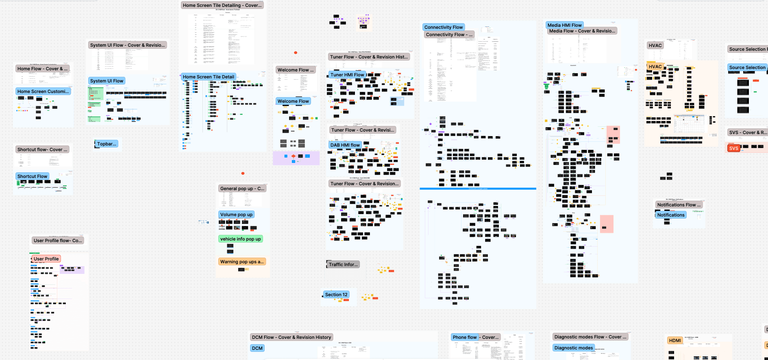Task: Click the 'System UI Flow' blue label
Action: pos(107,81)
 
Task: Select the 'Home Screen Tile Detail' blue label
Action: pos(208,77)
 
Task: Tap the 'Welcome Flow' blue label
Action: pos(293,101)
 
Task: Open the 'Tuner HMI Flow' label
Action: pos(347,75)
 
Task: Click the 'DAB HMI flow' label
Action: pos(345,145)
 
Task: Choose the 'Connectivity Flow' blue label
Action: pos(443,27)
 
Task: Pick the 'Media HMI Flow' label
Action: pos(564,25)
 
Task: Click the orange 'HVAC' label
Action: pos(655,67)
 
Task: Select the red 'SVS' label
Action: pos(733,148)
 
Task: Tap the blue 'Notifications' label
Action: pos(670,215)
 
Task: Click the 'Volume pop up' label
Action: pos(236,215)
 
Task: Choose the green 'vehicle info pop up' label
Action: pos(240,239)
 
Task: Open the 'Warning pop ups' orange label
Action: pos(242,262)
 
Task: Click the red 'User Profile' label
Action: pos(46,259)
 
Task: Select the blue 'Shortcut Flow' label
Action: pos(32,176)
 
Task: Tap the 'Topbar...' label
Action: pos(107,144)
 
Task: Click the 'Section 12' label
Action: pos(336,295)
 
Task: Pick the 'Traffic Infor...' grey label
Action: pos(343,265)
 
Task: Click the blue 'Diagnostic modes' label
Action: pos(573,348)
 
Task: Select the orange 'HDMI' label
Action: pos(674,340)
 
